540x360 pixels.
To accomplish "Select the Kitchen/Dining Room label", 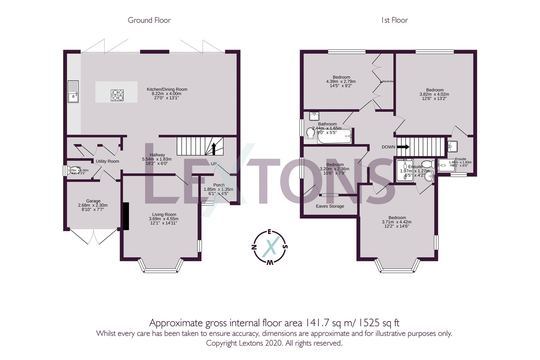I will point(167,89).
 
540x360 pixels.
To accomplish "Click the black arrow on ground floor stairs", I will point(214,149).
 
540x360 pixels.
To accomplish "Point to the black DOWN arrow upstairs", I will point(403,147).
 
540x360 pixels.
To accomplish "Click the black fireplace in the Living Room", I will point(126,216).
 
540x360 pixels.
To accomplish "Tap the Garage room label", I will point(93,201).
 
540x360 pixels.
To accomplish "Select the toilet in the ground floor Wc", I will point(71,171).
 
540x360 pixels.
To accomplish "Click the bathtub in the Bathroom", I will point(334,137).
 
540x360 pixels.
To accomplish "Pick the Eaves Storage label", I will point(330,206).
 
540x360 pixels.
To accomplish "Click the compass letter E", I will point(270,232).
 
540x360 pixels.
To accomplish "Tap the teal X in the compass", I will point(269,247).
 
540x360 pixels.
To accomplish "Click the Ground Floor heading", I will point(149,20).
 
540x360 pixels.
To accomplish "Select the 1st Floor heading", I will point(394,20).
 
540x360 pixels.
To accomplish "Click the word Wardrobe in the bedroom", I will point(388,81).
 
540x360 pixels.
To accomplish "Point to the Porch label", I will point(219,185).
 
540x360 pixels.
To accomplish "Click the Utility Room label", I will point(107,161).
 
